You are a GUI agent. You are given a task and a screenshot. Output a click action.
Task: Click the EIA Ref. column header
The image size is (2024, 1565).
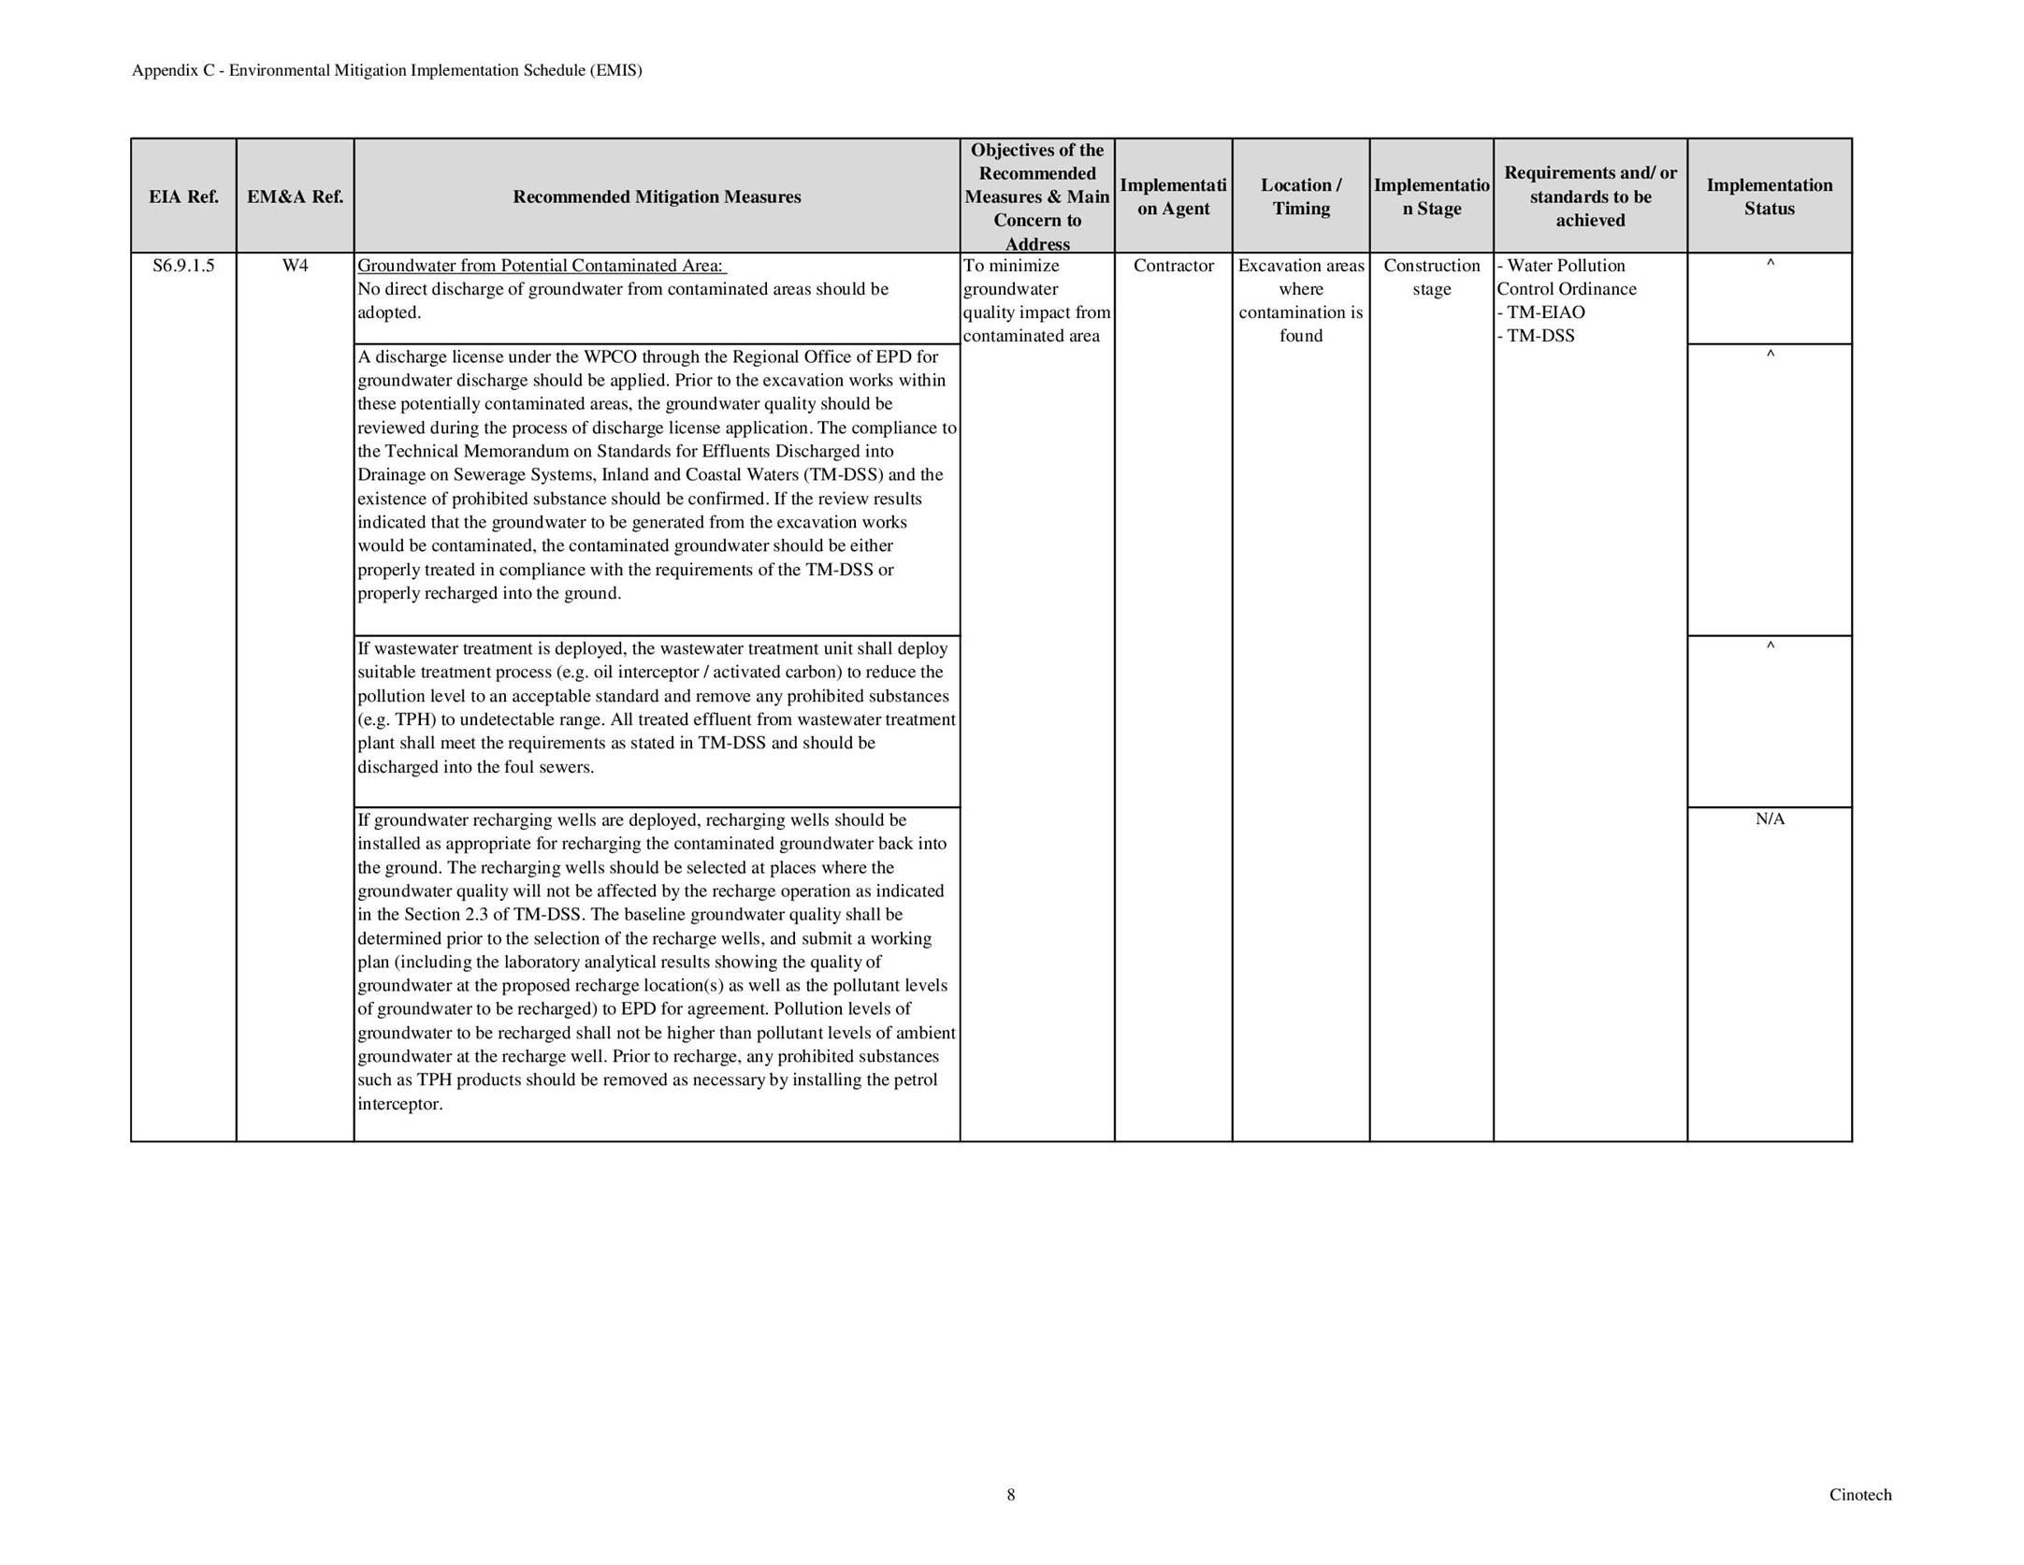click(183, 196)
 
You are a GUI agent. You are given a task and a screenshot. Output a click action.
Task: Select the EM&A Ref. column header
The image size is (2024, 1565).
click(295, 196)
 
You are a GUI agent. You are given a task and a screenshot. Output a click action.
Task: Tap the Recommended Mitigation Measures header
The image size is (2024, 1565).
click(657, 196)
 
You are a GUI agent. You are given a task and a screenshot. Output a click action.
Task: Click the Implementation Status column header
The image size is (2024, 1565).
click(1769, 196)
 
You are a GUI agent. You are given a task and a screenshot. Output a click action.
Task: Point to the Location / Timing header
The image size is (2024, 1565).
click(1300, 196)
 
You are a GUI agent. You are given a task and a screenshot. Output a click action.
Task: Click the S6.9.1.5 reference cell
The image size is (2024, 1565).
click(183, 266)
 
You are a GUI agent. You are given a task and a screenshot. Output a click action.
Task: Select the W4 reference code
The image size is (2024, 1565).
click(295, 266)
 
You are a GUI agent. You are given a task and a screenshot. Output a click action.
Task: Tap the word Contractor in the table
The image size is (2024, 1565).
click(1173, 266)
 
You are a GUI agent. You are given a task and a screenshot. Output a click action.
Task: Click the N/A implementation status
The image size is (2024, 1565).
click(1770, 819)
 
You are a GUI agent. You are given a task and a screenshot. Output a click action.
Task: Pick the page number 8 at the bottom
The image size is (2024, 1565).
click(1010, 1495)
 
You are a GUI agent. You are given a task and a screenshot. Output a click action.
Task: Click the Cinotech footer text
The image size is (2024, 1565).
click(1859, 1495)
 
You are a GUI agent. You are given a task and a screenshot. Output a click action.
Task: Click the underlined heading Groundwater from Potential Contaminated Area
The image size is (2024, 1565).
click(542, 266)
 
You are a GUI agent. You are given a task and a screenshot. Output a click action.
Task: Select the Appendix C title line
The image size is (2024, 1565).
click(387, 70)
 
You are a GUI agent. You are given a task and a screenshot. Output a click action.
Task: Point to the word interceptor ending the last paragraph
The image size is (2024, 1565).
click(399, 1104)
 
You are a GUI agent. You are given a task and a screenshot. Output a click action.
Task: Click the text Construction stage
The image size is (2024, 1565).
click(1431, 277)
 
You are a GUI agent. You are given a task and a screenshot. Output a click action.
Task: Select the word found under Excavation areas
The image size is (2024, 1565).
click(1300, 336)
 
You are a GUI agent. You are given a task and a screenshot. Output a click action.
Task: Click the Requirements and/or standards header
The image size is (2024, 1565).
click(1590, 196)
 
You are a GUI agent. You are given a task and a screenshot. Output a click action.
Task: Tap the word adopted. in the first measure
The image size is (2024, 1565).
click(389, 312)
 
